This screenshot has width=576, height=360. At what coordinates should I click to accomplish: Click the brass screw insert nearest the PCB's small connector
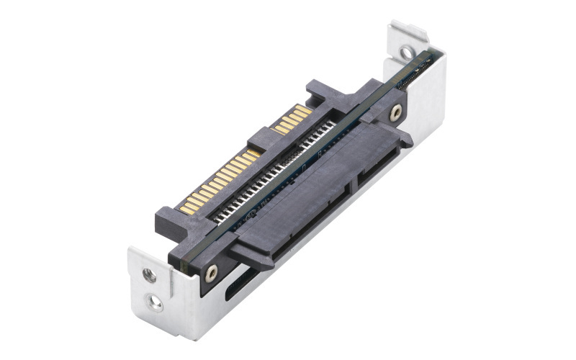[395, 112]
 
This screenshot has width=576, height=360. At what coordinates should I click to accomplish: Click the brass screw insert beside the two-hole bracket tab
[211, 273]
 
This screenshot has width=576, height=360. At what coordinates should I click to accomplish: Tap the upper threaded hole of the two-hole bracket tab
[149, 274]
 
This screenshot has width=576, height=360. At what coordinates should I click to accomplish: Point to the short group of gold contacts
[293, 119]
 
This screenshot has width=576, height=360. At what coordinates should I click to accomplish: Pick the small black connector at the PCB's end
[417, 73]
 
